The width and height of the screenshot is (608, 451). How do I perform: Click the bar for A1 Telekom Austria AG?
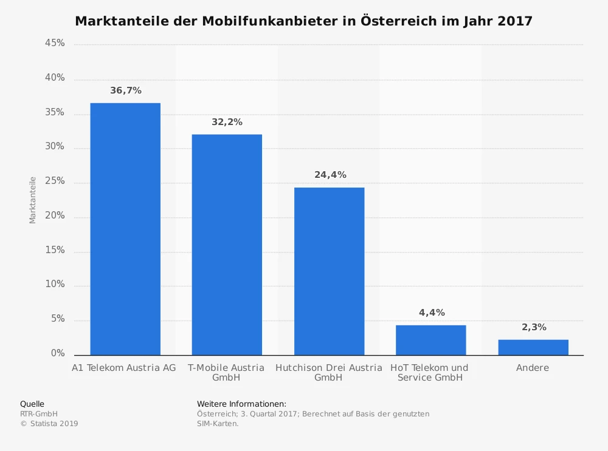pos(125,229)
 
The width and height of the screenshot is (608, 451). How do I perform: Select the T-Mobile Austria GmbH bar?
pos(227,245)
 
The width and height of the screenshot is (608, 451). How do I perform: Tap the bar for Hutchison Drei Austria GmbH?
pos(329,271)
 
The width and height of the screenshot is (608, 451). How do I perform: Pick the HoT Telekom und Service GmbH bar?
pos(430,340)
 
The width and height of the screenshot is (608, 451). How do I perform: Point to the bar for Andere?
pos(533,347)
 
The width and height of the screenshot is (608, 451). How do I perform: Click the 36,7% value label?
pos(126,90)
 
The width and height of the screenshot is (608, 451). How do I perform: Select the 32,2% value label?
pos(227,122)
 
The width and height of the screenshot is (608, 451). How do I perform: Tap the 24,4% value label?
pos(330,175)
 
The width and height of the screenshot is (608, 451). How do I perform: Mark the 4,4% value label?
pos(432,313)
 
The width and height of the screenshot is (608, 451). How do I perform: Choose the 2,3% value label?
pos(534,327)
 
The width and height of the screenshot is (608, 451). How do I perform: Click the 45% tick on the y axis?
pos(55,44)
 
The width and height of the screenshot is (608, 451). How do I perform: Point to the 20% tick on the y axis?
pos(55,217)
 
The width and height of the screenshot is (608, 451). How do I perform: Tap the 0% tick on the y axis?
pos(58,354)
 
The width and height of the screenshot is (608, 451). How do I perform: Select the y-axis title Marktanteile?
pos(33,200)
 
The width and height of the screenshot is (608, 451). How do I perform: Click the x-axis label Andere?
pos(533,368)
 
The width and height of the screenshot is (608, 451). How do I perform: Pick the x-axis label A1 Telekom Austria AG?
pos(123,368)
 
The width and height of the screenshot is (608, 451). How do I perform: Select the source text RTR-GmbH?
pos(39,414)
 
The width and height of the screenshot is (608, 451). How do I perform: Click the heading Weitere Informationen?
pos(241,404)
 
